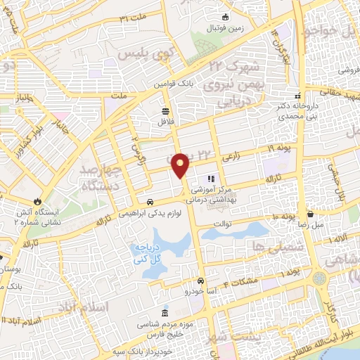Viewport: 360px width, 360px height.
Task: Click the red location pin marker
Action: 181,165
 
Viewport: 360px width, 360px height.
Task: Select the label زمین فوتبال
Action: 223,29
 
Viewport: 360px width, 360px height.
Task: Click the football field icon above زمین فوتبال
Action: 224,17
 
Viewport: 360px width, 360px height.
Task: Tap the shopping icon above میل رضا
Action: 310,213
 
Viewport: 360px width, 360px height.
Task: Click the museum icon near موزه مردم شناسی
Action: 165,312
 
